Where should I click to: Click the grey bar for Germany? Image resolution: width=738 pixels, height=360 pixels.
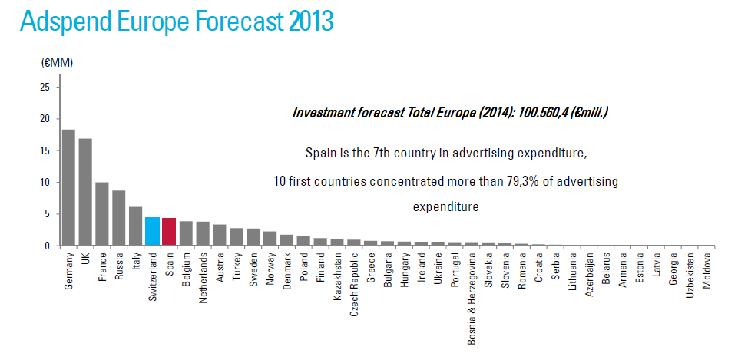tap(68, 188)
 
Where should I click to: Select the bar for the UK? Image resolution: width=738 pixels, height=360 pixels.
tap(85, 193)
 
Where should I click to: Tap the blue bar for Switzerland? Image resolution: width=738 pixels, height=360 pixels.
tap(152, 232)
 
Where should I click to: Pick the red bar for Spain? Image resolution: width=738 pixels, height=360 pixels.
tap(169, 232)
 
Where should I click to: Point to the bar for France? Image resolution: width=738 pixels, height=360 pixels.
tap(102, 214)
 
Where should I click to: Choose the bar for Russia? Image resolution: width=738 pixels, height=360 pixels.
tap(119, 218)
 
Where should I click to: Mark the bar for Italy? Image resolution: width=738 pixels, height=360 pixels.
tap(135, 226)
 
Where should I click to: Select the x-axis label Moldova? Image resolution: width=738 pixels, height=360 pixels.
tap(707, 269)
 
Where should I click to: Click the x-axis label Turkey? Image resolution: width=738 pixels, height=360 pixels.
tap(237, 266)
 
